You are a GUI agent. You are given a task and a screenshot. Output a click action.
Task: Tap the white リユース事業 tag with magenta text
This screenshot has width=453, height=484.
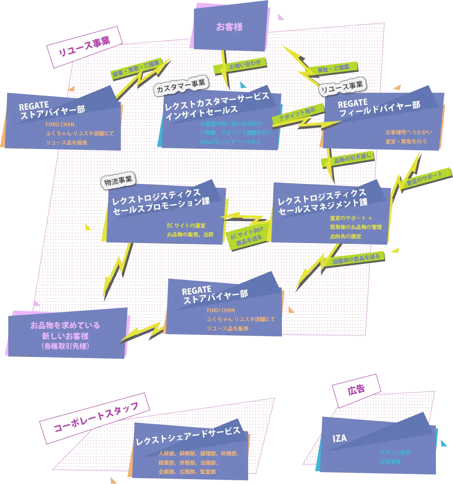pyautogui.click(x=85, y=47)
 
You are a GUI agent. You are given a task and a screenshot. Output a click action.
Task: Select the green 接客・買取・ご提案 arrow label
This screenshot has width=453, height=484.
pyautogui.click(x=136, y=69)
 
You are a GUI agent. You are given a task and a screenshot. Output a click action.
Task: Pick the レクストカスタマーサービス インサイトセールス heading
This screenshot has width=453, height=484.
pyautogui.click(x=217, y=105)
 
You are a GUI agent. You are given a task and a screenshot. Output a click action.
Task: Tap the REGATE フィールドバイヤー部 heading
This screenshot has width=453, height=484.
pyautogui.click(x=379, y=108)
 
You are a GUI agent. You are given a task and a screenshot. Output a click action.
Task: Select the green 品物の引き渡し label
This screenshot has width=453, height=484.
pyautogui.click(x=353, y=158)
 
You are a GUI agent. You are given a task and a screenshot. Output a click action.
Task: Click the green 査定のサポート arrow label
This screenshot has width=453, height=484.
pyautogui.click(x=424, y=178)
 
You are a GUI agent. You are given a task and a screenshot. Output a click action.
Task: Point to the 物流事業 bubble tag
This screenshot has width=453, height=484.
pyautogui.click(x=118, y=181)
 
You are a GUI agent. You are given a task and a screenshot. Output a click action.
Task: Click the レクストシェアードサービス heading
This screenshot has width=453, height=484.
pyautogui.click(x=188, y=436)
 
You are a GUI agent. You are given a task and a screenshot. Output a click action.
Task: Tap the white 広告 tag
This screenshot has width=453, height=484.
pyautogui.click(x=356, y=390)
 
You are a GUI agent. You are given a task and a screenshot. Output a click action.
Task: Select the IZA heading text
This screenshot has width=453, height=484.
pyautogui.click(x=339, y=438)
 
